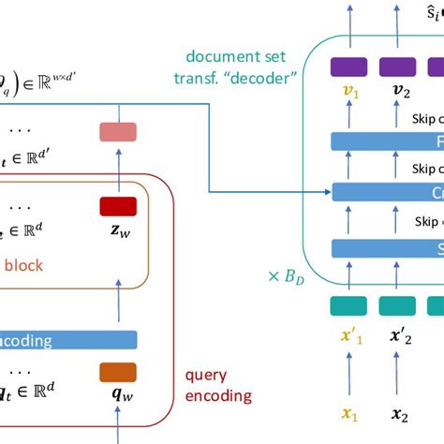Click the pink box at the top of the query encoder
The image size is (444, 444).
pyautogui.click(x=118, y=132)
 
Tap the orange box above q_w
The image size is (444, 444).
pyautogui.click(x=118, y=372)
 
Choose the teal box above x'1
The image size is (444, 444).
pyautogui.click(x=348, y=305)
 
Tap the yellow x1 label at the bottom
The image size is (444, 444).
pyautogui.click(x=348, y=414)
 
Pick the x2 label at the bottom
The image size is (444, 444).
pyautogui.click(x=401, y=414)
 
